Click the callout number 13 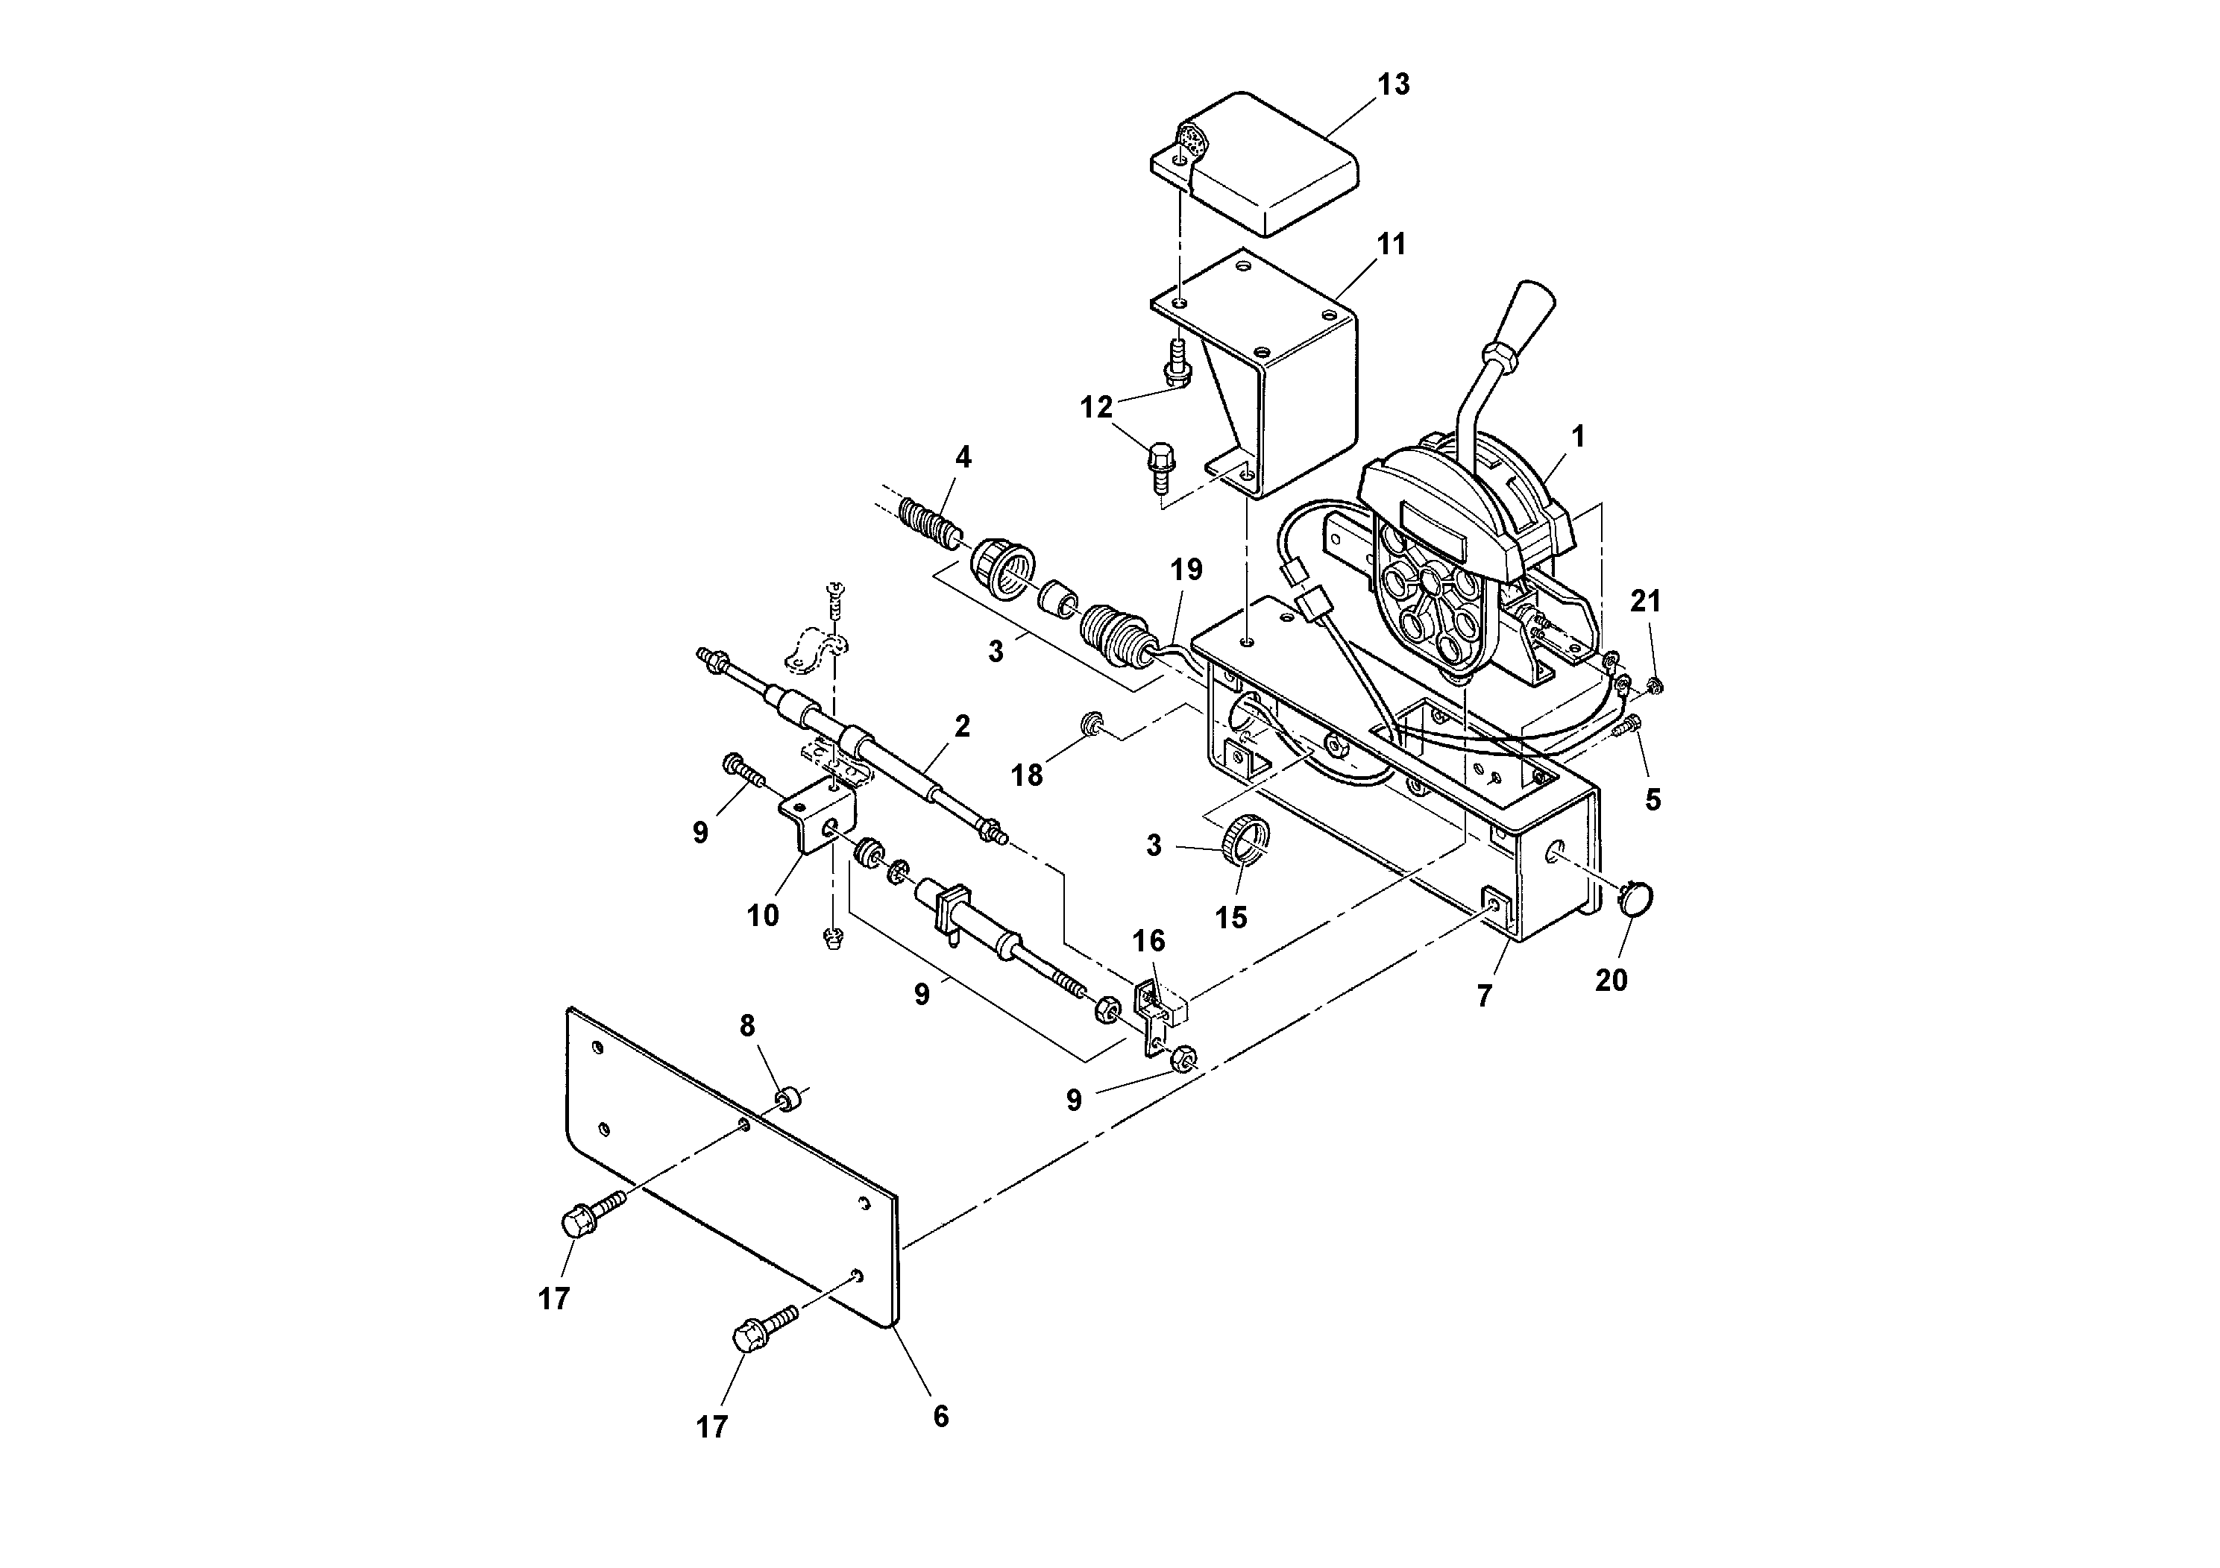pos(1393,85)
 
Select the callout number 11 pos(1391,245)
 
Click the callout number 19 pos(1186,570)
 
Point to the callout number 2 pos(962,727)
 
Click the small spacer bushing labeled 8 pos(791,1099)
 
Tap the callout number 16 pos(1148,941)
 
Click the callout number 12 pos(1096,408)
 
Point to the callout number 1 pos(1578,437)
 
